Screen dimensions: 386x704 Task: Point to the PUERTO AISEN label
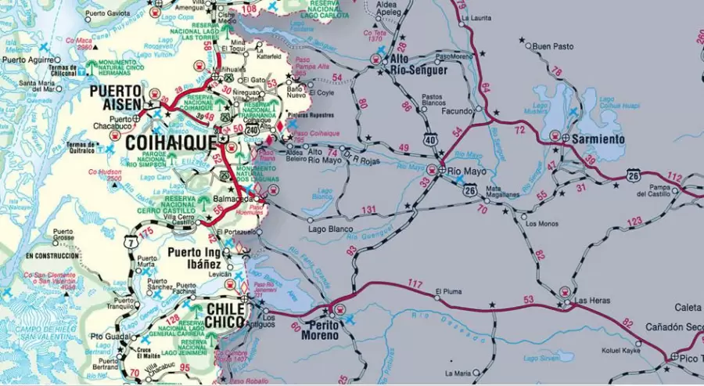coord(116,97)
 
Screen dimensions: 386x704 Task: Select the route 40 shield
coord(430,139)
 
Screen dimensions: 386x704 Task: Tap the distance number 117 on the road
coord(415,283)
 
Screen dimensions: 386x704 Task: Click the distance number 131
coord(368,210)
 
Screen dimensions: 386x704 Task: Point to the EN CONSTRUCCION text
coord(52,256)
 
